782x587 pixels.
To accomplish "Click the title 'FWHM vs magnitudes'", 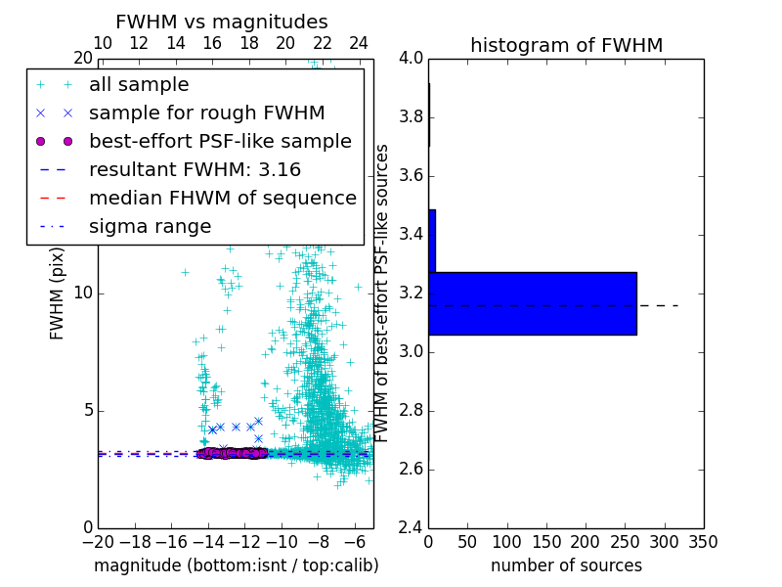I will (222, 23).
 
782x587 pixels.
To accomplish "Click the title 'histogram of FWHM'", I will (566, 45).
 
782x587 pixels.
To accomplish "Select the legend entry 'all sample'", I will (139, 85).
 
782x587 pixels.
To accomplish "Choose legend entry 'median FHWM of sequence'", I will (222, 198).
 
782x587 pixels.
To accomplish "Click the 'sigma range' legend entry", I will (150, 226).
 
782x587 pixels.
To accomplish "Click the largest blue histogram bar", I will (533, 303).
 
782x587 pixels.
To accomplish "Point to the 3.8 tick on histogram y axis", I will (412, 117).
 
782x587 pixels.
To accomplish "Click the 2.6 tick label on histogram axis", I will (412, 469).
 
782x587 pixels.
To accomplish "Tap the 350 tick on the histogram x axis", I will (704, 542).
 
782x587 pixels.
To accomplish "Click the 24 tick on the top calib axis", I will (359, 43).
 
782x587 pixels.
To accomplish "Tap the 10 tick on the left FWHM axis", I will (83, 293).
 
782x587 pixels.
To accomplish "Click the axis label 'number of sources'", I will (566, 565).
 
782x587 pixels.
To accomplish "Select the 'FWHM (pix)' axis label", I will (58, 293).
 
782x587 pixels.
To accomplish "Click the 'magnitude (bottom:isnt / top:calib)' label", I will (236, 565).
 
